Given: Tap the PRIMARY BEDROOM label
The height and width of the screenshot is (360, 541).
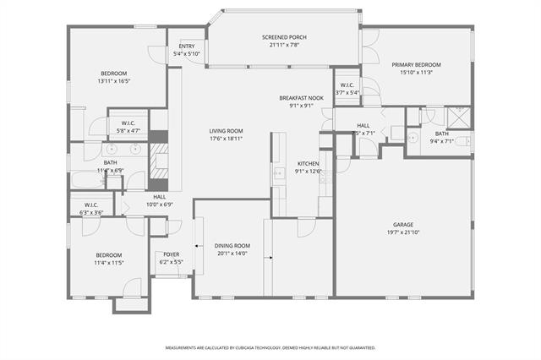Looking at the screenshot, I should pyautogui.click(x=415, y=64).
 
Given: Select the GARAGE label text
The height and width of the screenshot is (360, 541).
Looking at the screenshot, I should pyautogui.click(x=403, y=225).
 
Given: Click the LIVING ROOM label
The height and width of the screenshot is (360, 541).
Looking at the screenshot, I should pyautogui.click(x=227, y=131).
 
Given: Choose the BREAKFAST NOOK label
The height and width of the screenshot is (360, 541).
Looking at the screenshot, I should pyautogui.click(x=300, y=98).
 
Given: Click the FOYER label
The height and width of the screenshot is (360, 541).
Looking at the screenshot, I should pyautogui.click(x=171, y=254).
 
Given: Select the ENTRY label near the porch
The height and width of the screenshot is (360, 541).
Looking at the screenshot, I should pyautogui.click(x=186, y=46).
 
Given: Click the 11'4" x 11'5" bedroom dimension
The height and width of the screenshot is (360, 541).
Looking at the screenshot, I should pyautogui.click(x=109, y=263).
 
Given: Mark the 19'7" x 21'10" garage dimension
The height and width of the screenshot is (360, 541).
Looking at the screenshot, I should pyautogui.click(x=403, y=232).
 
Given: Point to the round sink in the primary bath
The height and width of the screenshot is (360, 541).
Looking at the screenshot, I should pyautogui.click(x=413, y=136).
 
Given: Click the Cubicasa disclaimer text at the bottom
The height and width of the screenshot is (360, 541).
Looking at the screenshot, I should pyautogui.click(x=270, y=347).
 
